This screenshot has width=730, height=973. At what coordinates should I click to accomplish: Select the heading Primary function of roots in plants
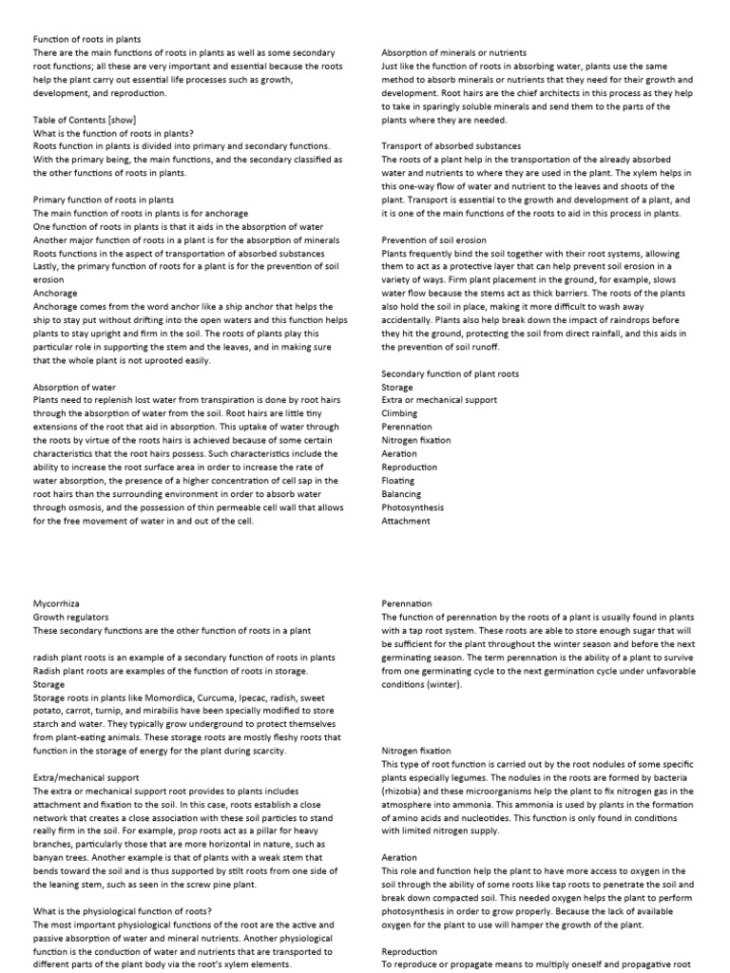pyautogui.click(x=104, y=200)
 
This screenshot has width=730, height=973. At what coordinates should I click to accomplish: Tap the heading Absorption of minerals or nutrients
pyautogui.click(x=454, y=52)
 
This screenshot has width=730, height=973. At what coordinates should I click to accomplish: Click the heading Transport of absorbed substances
pyautogui.click(x=451, y=146)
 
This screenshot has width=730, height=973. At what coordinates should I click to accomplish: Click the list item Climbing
pyautogui.click(x=399, y=414)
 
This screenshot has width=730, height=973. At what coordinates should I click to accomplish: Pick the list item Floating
pyautogui.click(x=397, y=481)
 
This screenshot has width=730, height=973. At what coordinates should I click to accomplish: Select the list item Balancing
pyautogui.click(x=400, y=494)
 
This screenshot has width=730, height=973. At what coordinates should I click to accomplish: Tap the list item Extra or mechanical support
pyautogui.click(x=439, y=401)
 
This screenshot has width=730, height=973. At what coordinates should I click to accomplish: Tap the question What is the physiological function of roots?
pyautogui.click(x=123, y=911)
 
